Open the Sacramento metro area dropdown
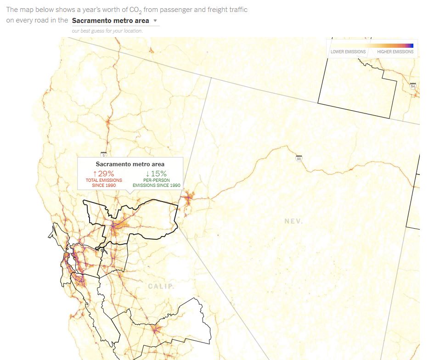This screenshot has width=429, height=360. pos(111,21)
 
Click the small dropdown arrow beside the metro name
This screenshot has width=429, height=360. pos(155,21)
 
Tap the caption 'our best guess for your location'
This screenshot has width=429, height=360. pos(107,31)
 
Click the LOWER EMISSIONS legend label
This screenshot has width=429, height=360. pos(348,52)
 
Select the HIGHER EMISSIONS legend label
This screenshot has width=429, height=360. pos(395,52)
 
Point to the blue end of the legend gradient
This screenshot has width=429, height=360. pos(411,45)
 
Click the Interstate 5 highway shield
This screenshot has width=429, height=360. pos(104,155)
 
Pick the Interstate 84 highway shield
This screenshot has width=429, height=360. pos(412,86)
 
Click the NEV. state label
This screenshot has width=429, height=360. pos(294,221)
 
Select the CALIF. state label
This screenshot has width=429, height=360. pos(161,286)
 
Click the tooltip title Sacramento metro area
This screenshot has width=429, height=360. pos(130,164)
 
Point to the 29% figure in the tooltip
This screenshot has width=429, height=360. pos(106,173)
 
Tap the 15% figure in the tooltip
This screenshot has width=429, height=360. pos(159,173)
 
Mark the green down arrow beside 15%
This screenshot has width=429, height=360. pos(147,173)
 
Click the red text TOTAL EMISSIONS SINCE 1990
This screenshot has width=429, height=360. pos(104,183)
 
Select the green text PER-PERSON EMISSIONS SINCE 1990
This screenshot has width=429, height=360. pos(157,183)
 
